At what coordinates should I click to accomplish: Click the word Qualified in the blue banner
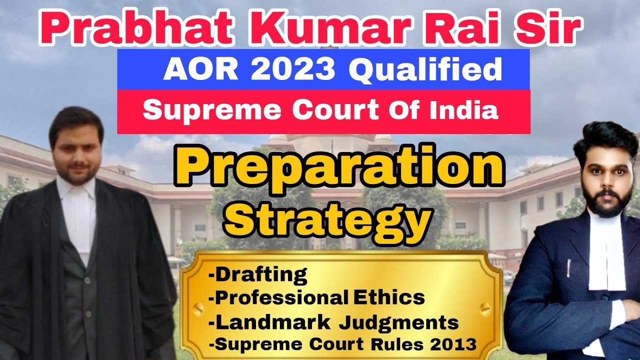tap(425, 70)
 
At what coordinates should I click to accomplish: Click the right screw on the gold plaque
tap(484, 306)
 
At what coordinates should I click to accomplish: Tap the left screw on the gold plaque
tap(198, 306)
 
